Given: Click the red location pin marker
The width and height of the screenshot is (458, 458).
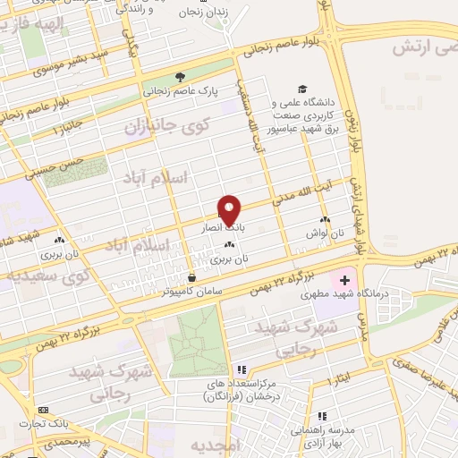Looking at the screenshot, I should click(229, 208).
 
